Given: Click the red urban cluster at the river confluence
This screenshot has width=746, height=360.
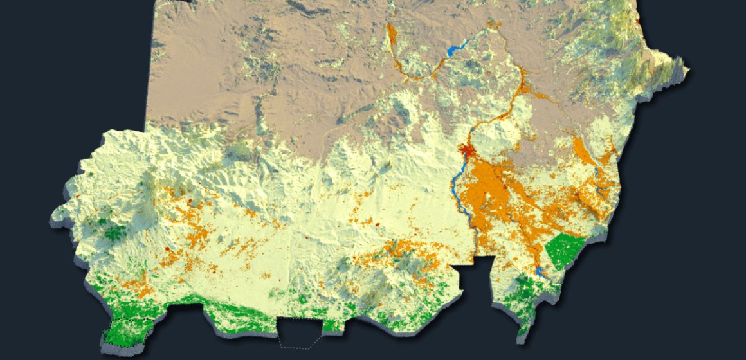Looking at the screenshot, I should tap(468, 152).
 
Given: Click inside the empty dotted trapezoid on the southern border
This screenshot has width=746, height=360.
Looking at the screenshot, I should tap(300, 332).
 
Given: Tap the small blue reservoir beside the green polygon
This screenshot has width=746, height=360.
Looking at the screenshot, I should tap(541, 273).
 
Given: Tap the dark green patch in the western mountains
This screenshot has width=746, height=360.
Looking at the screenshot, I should tap(114, 233).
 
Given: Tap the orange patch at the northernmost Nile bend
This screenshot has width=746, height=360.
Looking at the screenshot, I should tap(494, 26).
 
